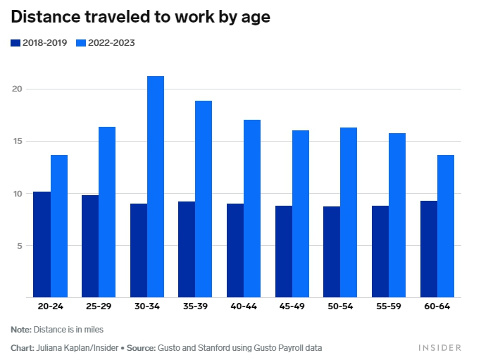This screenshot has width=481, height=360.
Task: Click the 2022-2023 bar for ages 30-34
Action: [156, 187]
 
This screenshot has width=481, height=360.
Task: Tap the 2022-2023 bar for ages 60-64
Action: [446, 226]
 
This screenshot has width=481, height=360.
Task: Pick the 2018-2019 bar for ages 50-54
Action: [332, 252]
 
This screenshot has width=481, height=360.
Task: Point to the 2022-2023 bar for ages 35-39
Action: [204, 199]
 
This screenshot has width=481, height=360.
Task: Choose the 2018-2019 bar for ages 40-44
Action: [235, 251]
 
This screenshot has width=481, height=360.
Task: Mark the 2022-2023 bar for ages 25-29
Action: [107, 212]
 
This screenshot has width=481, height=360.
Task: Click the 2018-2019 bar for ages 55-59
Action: [380, 252]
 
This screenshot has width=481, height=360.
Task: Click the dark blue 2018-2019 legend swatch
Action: [15, 43]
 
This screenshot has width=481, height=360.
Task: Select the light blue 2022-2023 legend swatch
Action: [80, 43]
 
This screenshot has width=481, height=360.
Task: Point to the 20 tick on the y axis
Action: [17, 89]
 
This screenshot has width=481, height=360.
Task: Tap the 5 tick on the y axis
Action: [20, 245]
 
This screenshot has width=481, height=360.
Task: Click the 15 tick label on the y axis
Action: [17, 141]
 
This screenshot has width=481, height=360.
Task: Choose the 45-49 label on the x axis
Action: [292, 307]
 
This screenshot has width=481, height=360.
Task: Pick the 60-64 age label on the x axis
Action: [437, 307]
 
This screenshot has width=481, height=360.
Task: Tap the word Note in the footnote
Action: [20, 329]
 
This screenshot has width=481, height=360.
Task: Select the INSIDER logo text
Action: [439, 348]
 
